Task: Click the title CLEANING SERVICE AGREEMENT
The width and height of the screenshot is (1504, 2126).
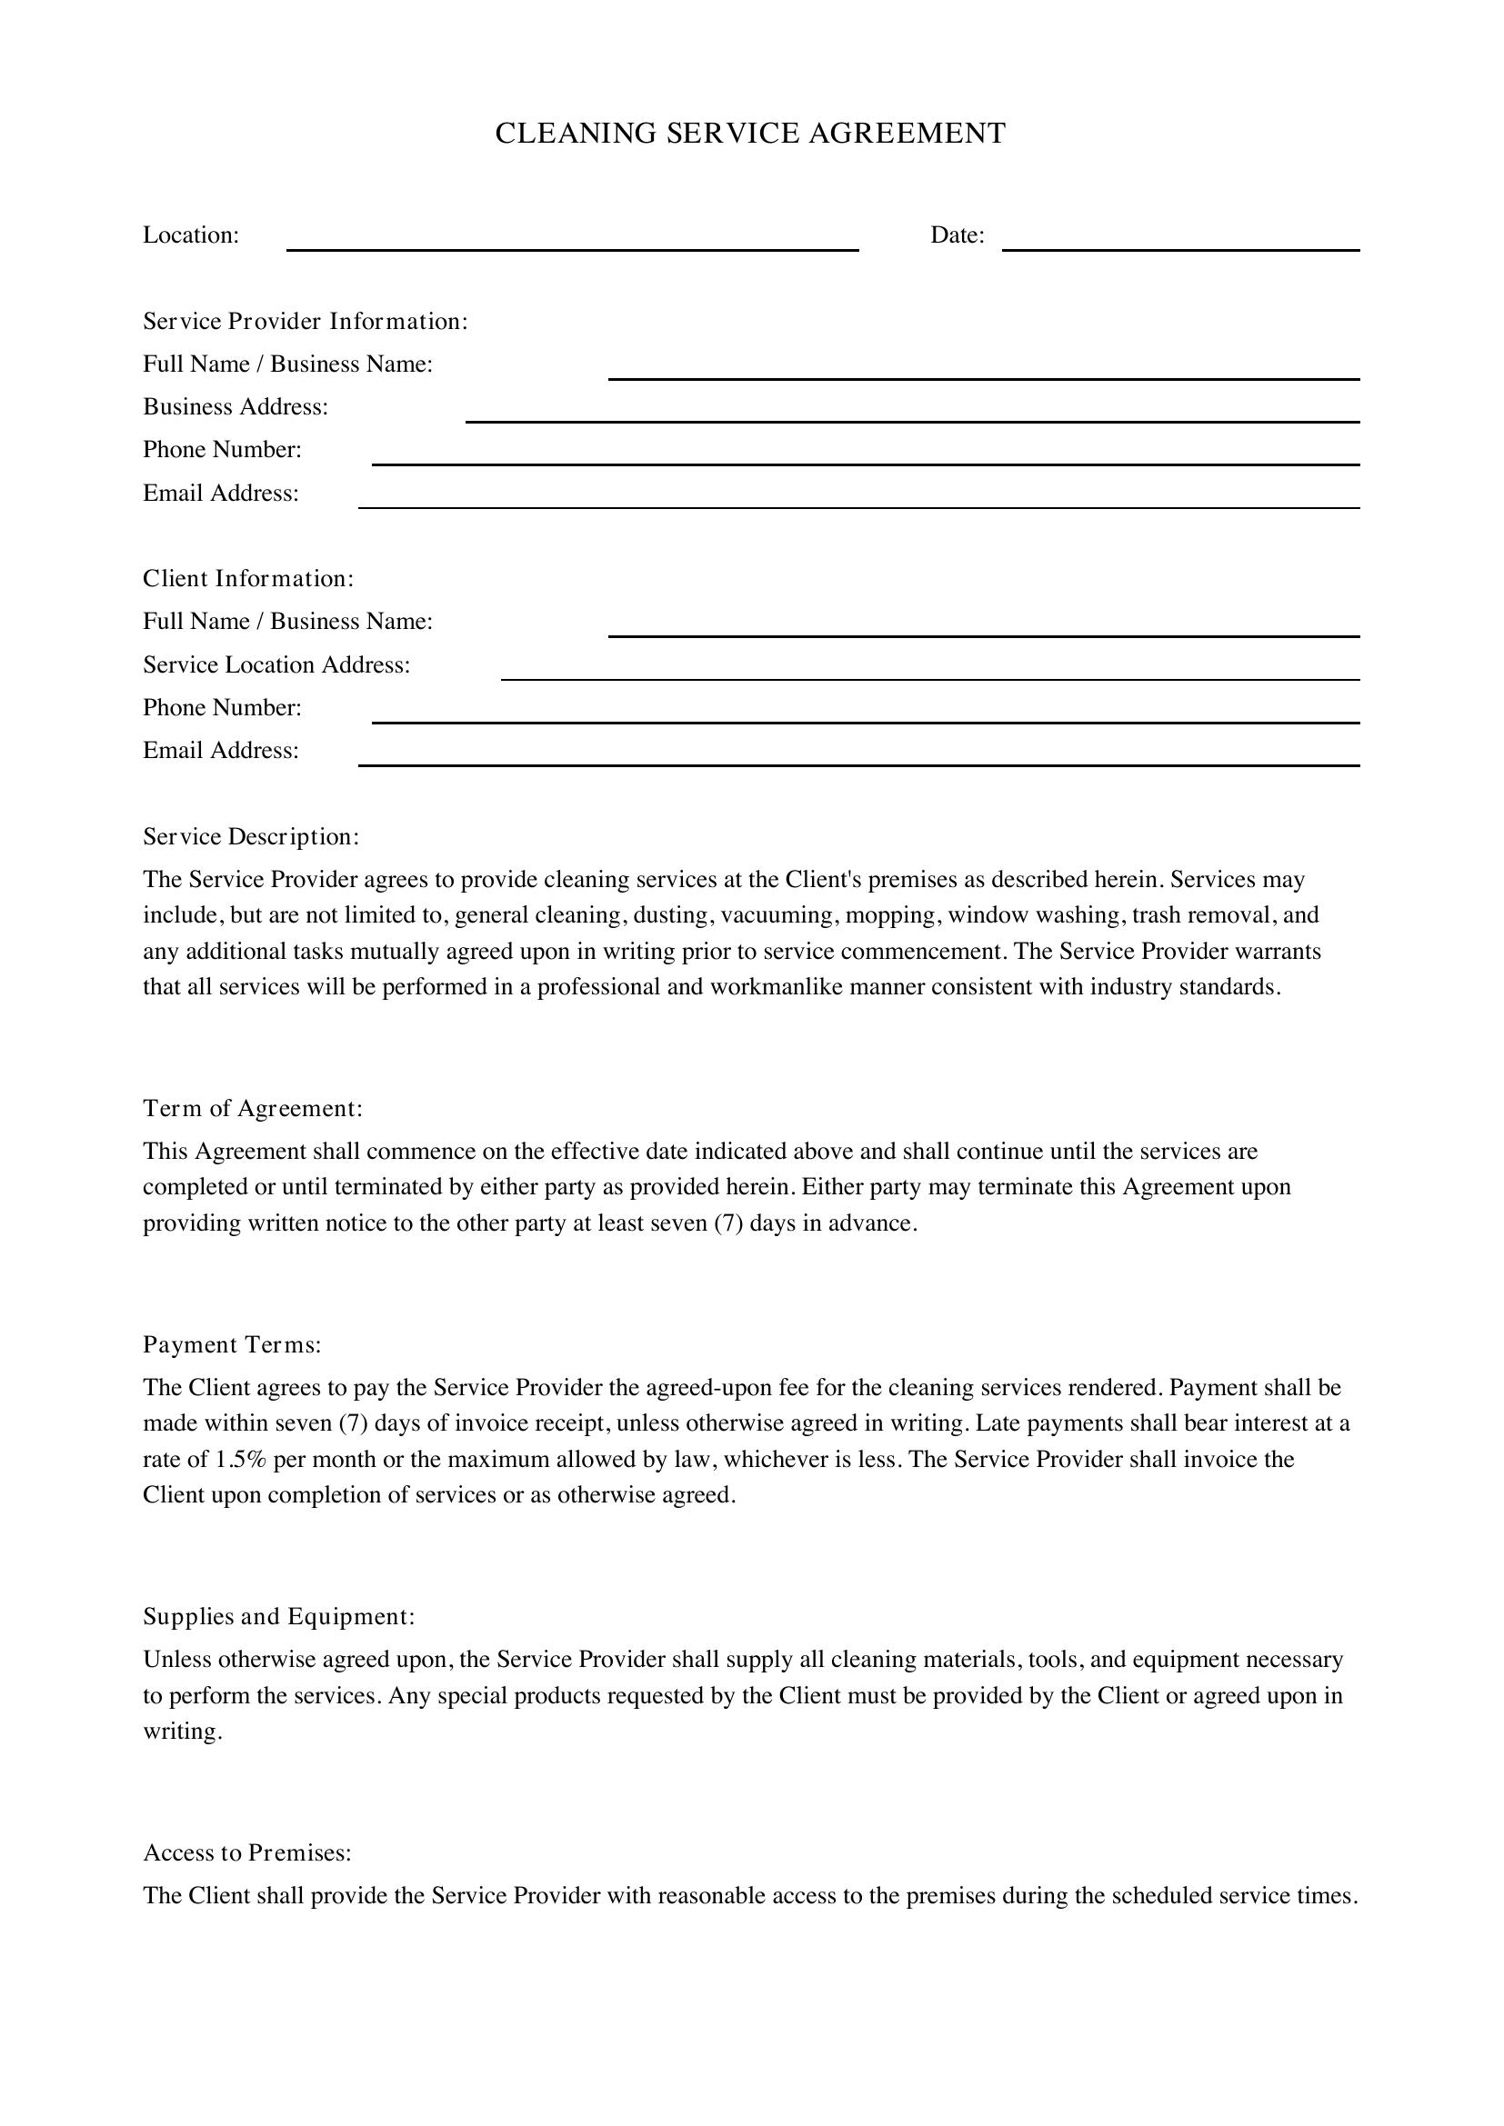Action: pos(750,134)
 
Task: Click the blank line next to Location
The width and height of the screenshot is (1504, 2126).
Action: pos(572,243)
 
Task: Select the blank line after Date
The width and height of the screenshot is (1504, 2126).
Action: pos(1180,243)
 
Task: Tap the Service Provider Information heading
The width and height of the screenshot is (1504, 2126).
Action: pos(305,321)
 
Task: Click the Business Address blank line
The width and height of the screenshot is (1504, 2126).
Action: pos(911,414)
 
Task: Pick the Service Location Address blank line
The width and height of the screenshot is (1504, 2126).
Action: pos(930,673)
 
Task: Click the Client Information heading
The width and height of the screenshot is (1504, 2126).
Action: pos(248,579)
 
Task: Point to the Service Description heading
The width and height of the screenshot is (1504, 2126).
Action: pos(250,837)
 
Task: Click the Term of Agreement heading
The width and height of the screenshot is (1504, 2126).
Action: pos(252,1108)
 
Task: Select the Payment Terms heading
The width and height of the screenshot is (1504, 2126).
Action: pos(232,1344)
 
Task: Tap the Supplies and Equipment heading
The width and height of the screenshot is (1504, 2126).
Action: pos(278,1617)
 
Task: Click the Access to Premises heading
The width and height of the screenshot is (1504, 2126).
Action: pos(247,1852)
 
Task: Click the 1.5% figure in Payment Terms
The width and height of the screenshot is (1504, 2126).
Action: pos(241,1461)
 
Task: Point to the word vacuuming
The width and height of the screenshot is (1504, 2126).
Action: pos(777,916)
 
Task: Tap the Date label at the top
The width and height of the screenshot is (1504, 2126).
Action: pos(957,235)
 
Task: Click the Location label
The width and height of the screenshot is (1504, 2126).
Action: pos(191,235)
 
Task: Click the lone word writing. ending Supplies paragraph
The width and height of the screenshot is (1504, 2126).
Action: pos(183,1732)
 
